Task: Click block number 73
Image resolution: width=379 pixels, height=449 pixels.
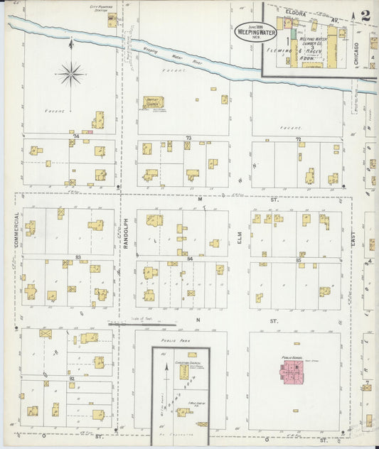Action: [x=188, y=137]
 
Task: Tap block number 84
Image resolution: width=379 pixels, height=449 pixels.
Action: [x=190, y=259]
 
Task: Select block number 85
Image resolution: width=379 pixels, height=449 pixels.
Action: [x=299, y=261]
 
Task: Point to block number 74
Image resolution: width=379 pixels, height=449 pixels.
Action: [x=75, y=135]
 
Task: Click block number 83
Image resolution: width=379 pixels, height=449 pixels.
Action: [x=78, y=256]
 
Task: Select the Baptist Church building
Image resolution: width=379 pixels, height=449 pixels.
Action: [x=153, y=102]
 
